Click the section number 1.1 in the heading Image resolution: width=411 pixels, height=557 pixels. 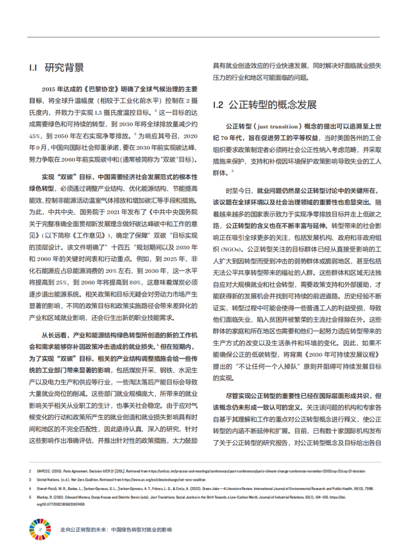tap(34, 68)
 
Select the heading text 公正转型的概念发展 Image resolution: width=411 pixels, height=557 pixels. tap(272, 105)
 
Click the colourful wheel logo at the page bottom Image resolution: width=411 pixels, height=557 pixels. tap(40, 529)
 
